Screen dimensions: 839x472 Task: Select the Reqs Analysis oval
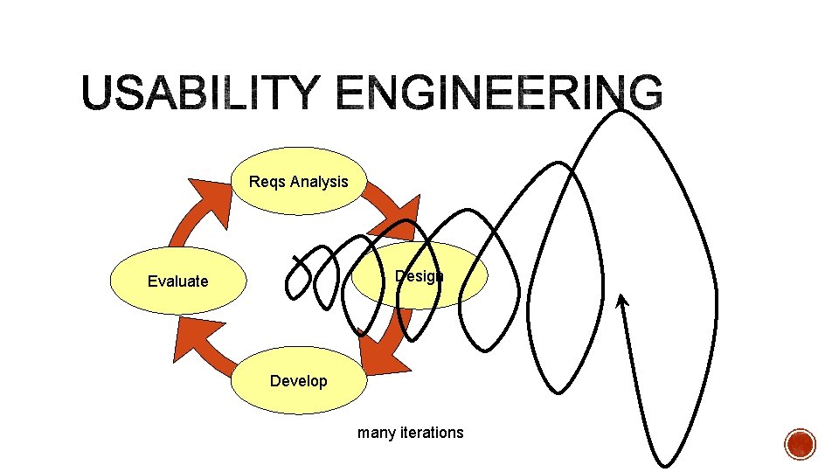[299, 182]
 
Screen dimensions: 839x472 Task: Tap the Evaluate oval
[178, 281]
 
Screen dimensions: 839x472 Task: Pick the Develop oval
[299, 381]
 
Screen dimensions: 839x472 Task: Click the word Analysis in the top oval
[318, 182]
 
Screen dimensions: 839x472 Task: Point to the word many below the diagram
[377, 432]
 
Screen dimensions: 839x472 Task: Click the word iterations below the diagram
[433, 432]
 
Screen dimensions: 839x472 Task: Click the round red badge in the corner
[800, 444]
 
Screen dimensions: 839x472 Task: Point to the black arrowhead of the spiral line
[621, 301]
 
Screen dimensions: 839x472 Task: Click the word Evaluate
[178, 281]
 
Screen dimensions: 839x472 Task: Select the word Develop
[299, 381]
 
